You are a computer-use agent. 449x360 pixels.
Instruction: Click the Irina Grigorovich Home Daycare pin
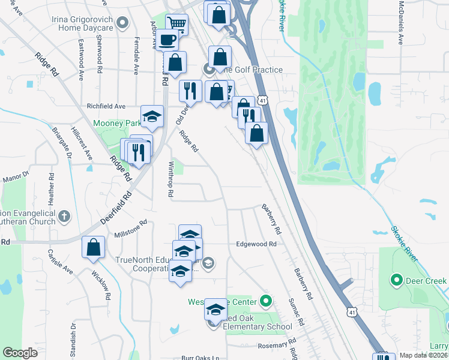pyautogui.click(x=122, y=23)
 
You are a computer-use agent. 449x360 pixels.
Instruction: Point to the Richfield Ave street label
pyautogui.click(x=106, y=106)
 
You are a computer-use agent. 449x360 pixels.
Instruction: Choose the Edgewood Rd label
pyautogui.click(x=256, y=244)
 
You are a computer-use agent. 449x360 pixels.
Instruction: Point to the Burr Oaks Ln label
pyautogui.click(x=200, y=358)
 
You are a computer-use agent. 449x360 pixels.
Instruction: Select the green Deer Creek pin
pyautogui.click(x=396, y=280)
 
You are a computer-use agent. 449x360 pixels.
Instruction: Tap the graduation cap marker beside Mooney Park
pyautogui.click(x=152, y=117)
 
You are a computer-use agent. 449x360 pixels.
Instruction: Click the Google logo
pyautogui.click(x=20, y=353)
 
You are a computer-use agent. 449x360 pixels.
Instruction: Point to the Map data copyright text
pyautogui.click(x=423, y=355)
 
